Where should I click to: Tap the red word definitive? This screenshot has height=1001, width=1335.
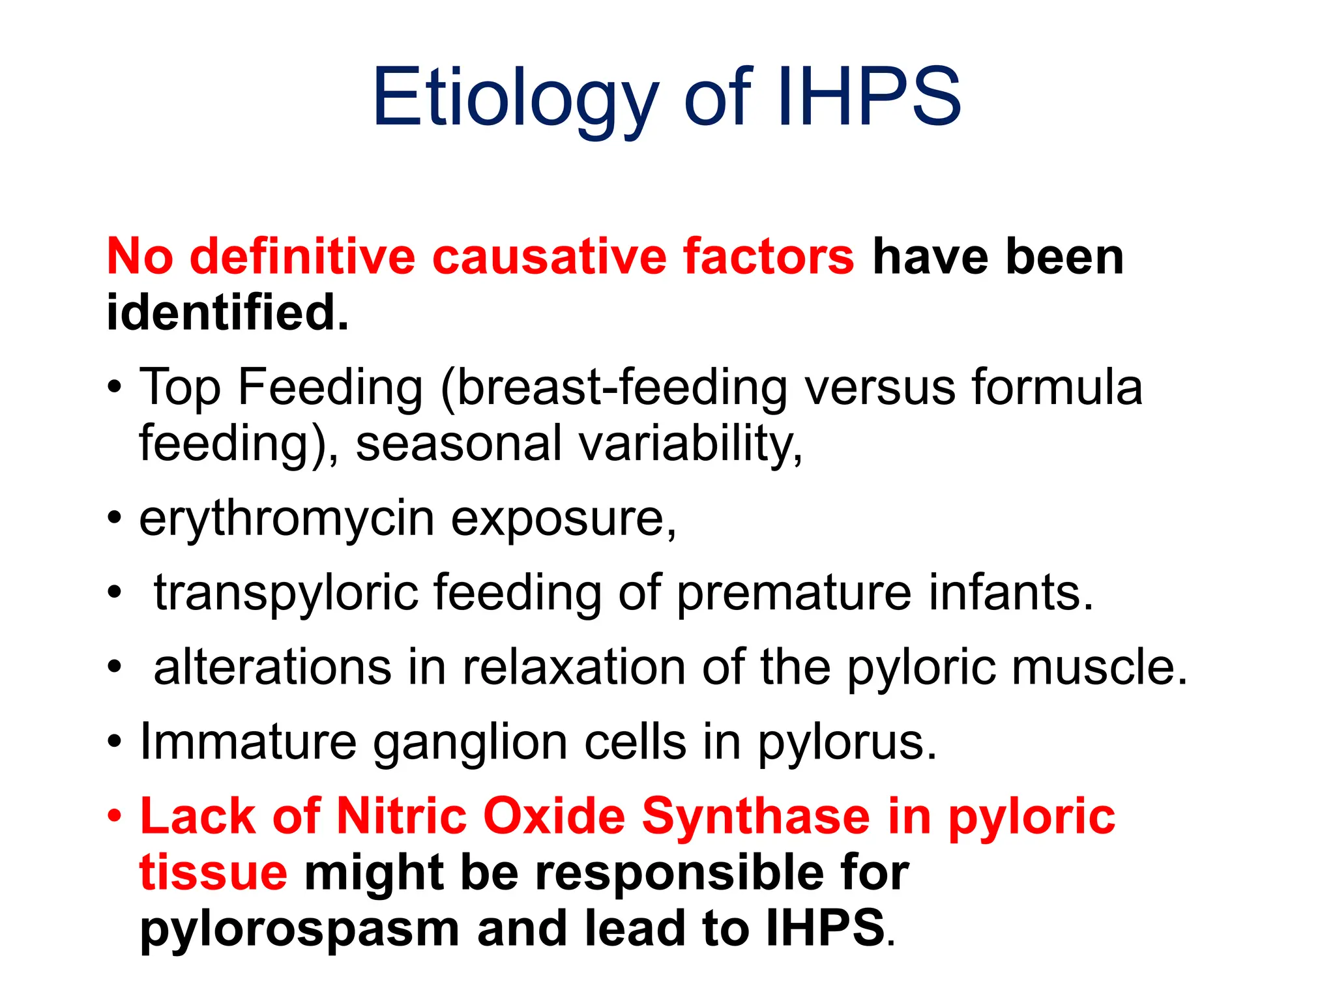coord(302,256)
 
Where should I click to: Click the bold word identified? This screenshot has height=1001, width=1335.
coord(227,312)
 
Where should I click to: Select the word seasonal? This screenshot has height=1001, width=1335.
coord(458,443)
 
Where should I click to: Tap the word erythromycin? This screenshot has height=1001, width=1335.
coord(287,519)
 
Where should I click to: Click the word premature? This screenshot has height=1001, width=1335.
coord(794,593)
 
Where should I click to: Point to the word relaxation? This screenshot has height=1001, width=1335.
coord(574,667)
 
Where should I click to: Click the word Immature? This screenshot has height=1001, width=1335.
coord(248,742)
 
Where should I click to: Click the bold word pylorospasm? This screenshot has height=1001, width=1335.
coord(300,929)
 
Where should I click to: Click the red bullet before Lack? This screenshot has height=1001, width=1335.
coord(115,817)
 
